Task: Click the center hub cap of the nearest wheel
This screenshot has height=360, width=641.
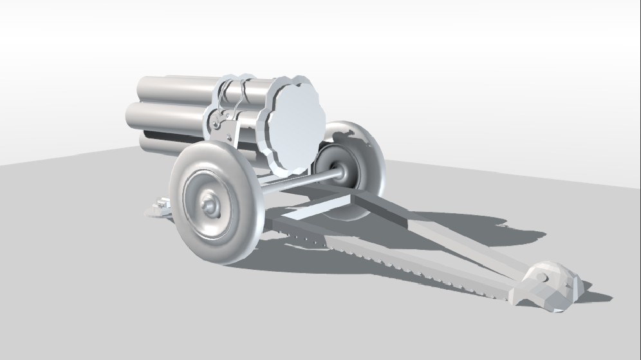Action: tap(209, 205)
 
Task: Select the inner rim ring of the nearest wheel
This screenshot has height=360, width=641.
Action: tap(193, 187)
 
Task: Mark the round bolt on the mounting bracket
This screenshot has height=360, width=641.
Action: tap(217, 124)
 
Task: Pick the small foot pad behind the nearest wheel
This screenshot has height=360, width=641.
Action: tap(159, 207)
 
